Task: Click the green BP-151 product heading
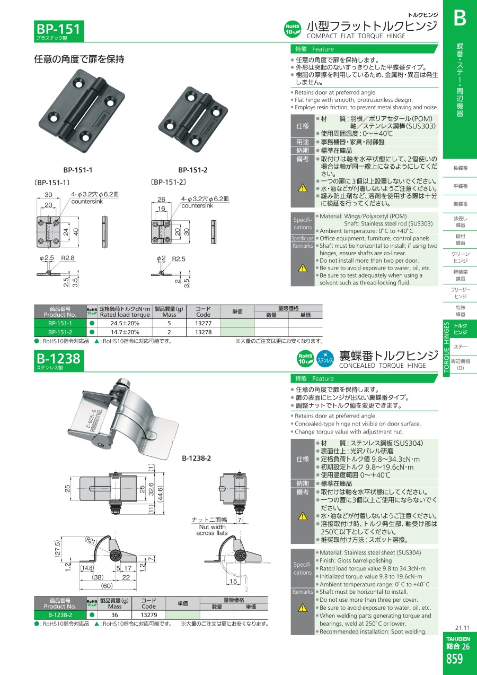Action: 59,29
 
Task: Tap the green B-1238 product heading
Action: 59,359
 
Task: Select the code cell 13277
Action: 204,323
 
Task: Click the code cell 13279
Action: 149,615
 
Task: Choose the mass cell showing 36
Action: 114,615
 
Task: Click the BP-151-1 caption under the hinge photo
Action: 77,170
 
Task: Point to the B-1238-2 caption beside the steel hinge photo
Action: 196,458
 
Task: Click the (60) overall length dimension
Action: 107,585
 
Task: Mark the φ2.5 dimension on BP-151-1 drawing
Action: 47,258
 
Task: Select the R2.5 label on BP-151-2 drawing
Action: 179,259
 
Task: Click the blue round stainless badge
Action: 325,359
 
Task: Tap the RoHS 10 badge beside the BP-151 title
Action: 293,29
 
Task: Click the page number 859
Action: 454,659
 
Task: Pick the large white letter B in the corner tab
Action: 460,18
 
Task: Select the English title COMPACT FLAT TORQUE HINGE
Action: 356,36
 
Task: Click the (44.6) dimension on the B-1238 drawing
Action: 160,492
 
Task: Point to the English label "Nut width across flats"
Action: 212,530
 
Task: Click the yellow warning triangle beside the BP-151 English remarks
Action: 303,268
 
